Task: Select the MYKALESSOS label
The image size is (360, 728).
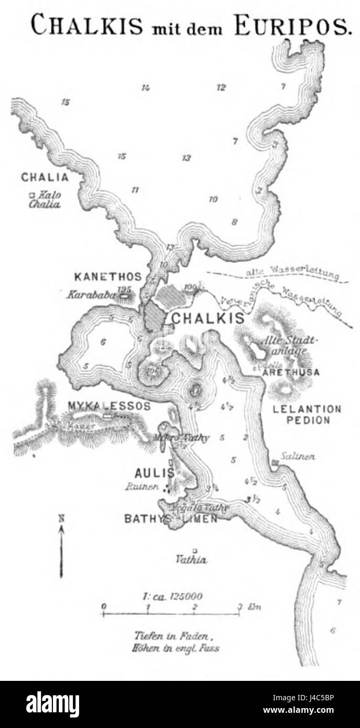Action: [x=109, y=406]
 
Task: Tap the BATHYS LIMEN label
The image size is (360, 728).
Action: [x=171, y=519]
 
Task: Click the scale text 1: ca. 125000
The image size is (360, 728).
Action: [x=172, y=596]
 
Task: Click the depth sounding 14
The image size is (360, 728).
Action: [x=146, y=87]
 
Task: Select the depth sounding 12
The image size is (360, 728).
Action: [x=221, y=87]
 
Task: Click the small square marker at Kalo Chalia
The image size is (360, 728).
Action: [x=32, y=195]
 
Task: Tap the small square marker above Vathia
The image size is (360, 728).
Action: [x=194, y=550]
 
